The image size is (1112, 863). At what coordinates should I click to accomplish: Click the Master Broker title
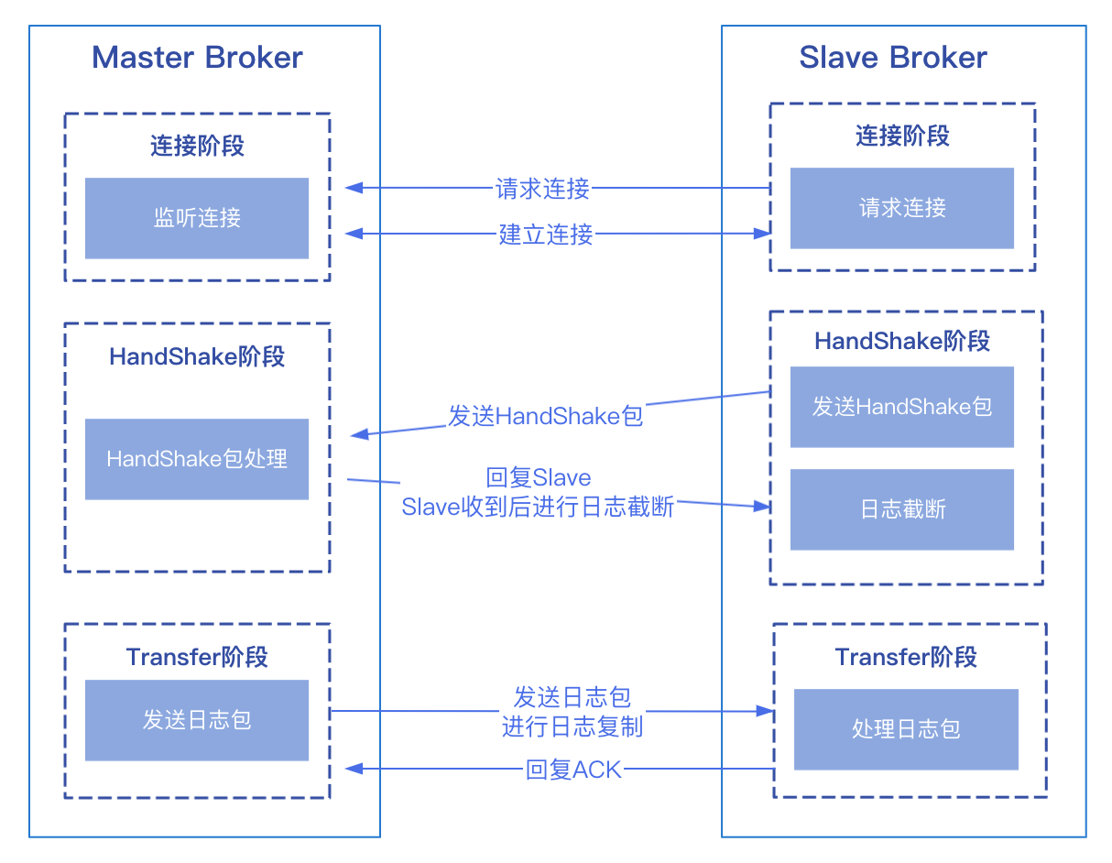tap(197, 58)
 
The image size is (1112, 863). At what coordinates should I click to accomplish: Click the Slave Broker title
tap(893, 58)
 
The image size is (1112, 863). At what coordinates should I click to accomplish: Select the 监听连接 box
tap(197, 218)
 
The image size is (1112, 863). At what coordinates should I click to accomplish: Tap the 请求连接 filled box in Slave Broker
tap(901, 208)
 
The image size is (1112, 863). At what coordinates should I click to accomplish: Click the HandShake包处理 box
tap(197, 459)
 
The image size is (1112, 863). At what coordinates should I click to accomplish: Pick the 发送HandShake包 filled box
tap(901, 407)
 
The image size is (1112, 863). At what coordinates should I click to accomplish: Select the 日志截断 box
tap(901, 509)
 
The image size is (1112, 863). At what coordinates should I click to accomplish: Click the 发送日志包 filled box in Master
tap(197, 720)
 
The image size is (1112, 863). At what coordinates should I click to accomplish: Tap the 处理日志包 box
tap(905, 729)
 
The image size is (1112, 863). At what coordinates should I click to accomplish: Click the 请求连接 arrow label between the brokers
tap(543, 189)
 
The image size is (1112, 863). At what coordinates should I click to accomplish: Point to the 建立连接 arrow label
tap(546, 235)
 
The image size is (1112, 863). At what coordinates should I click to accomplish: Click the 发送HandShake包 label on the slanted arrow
tap(546, 416)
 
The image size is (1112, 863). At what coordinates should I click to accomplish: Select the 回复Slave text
tap(539, 478)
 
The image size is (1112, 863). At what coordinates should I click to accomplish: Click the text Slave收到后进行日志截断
tap(538, 507)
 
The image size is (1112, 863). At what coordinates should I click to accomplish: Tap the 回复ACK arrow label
tap(574, 770)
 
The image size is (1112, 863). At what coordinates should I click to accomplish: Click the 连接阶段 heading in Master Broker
tap(197, 146)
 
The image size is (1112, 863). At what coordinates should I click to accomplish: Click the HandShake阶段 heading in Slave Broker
tap(902, 341)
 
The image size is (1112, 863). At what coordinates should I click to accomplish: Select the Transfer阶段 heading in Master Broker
tap(197, 657)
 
